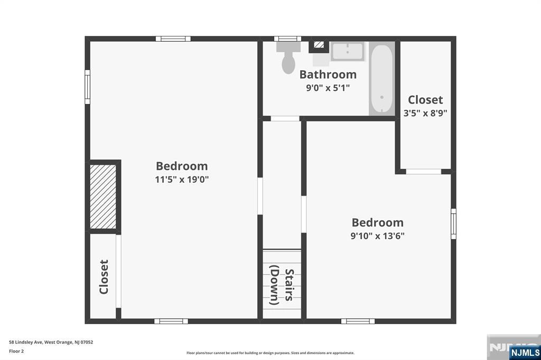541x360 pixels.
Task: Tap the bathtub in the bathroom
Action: click(x=382, y=79)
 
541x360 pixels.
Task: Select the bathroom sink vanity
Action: click(x=348, y=51)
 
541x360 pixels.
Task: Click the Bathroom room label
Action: click(x=328, y=74)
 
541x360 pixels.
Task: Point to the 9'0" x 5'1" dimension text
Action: click(x=328, y=88)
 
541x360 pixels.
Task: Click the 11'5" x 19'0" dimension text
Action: click(x=182, y=179)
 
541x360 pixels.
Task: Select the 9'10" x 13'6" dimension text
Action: click(x=377, y=236)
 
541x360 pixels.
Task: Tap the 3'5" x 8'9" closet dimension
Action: click(x=425, y=113)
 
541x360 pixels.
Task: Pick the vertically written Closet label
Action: click(x=104, y=277)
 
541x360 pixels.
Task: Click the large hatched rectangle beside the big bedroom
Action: click(x=103, y=196)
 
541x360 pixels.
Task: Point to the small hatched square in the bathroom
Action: click(x=319, y=45)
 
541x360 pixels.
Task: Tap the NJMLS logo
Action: click(x=525, y=352)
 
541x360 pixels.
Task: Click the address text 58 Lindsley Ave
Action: click(x=26, y=342)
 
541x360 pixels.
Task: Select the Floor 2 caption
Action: click(x=16, y=352)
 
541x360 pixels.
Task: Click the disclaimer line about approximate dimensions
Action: click(x=270, y=353)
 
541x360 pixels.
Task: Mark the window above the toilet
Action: click(x=287, y=39)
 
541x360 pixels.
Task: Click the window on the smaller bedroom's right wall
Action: click(x=454, y=223)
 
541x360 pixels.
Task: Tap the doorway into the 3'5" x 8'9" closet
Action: click(x=423, y=172)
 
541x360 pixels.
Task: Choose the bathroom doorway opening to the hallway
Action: click(x=285, y=119)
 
